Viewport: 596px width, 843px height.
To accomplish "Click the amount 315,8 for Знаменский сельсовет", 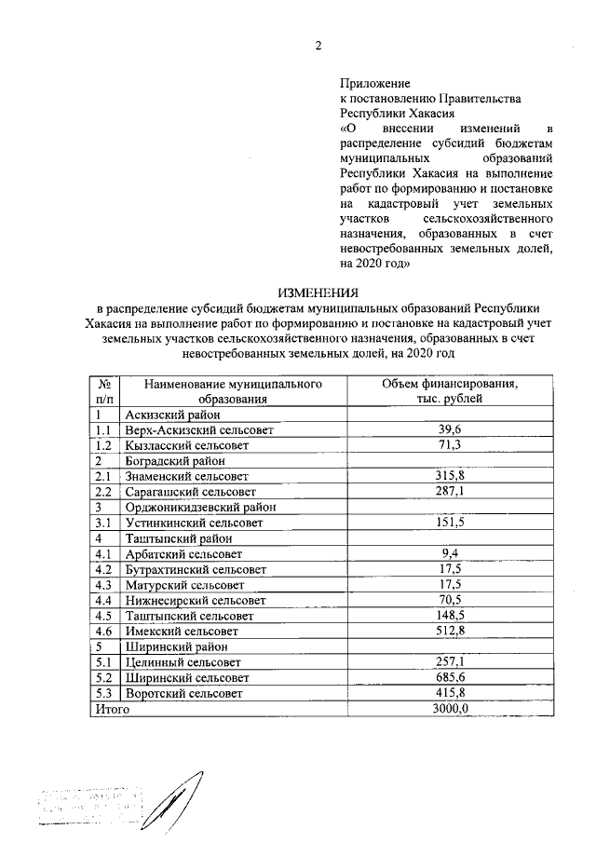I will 451,476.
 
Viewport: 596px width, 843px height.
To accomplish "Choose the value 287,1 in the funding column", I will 451,491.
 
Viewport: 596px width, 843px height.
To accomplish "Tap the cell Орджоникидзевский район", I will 200,507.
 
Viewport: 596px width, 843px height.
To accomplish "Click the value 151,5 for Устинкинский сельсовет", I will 451,523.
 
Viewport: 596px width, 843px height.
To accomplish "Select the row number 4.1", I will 103,553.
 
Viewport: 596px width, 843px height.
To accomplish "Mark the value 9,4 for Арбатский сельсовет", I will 451,553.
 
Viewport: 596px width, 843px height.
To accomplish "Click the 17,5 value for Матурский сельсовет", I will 451,584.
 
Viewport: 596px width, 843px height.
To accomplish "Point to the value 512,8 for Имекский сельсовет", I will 451,630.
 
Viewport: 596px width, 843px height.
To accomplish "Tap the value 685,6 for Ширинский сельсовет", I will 451,677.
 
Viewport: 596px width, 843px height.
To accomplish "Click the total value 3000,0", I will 451,708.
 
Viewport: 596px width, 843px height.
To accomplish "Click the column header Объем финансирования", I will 451,384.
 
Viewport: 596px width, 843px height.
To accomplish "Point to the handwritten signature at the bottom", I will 187,795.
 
